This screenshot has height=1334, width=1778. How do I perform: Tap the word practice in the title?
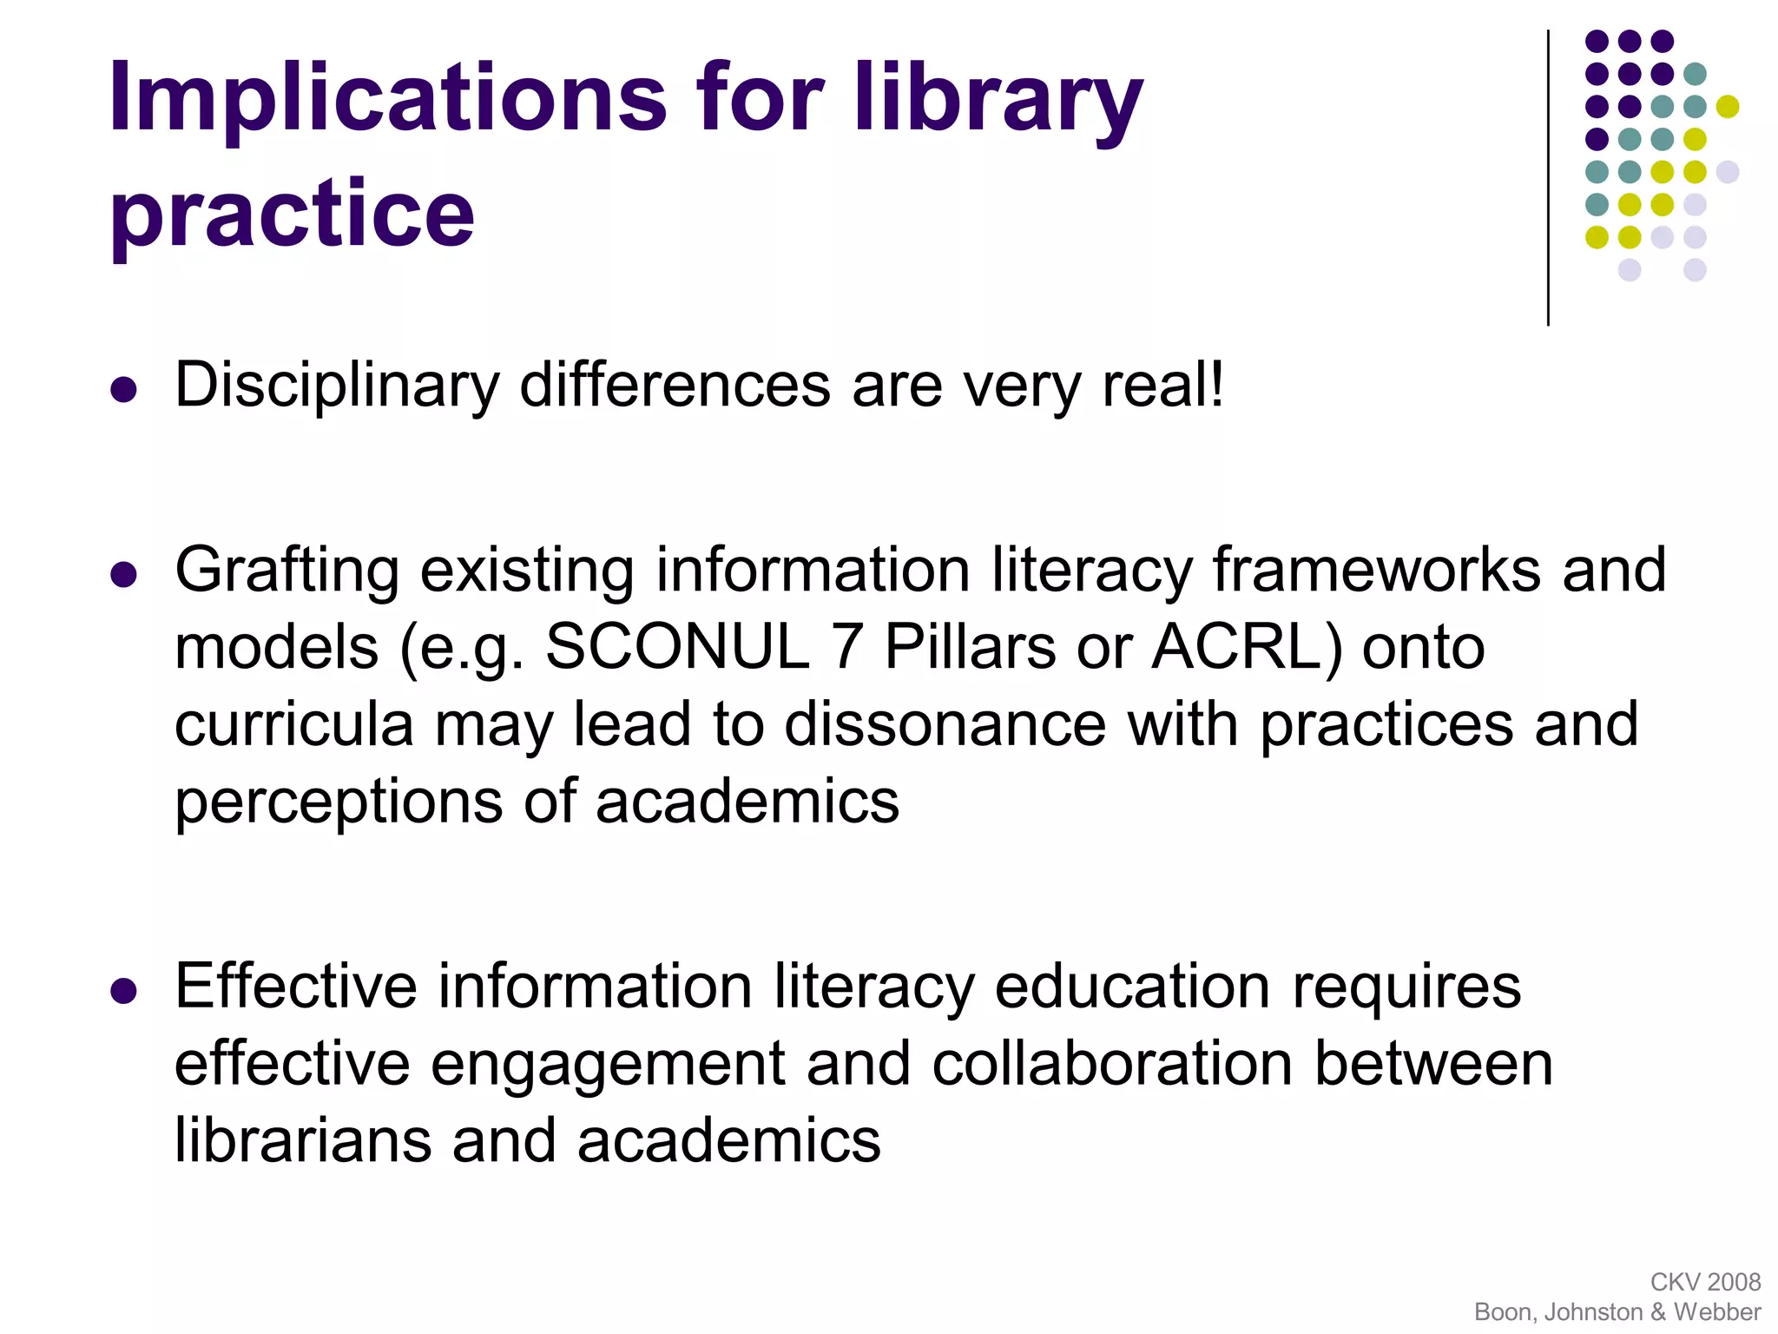pos(293,214)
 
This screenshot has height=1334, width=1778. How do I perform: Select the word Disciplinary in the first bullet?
pos(337,385)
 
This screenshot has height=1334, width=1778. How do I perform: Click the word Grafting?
pos(287,571)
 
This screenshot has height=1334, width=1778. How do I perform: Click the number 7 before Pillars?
pos(846,647)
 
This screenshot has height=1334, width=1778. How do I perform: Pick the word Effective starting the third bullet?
pos(296,987)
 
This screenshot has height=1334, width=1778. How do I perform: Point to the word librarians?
pos(303,1140)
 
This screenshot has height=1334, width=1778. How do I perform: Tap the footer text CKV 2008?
pos(1705,1282)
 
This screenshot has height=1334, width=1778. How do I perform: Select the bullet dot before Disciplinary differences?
pos(124,390)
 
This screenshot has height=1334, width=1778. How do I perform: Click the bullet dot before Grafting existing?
pos(124,575)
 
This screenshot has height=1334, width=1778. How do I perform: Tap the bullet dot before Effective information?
pos(124,991)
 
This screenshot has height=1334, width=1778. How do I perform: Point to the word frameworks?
pos(1377,571)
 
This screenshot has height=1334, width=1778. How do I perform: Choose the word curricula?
pos(294,724)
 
